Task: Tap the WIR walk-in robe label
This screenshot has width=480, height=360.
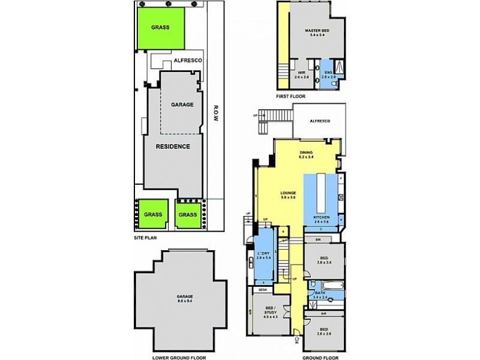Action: pyautogui.click(x=301, y=73)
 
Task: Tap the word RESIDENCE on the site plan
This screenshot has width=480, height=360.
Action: pyautogui.click(x=173, y=146)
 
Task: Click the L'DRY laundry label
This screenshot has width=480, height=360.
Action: pyautogui.click(x=264, y=253)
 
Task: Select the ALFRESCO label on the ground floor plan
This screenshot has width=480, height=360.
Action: pyautogui.click(x=320, y=121)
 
